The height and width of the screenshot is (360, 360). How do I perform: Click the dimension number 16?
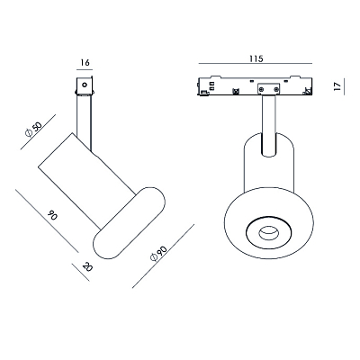click(85, 62)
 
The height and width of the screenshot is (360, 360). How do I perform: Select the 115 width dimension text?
click(256, 58)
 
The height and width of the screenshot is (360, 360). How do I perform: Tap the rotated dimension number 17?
click(337, 86)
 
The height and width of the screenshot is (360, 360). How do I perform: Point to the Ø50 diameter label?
click(33, 130)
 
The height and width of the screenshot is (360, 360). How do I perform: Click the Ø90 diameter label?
click(158, 253)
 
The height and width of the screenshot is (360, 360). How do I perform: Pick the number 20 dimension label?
click(87, 266)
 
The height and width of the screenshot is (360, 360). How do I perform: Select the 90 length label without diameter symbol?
click(52, 215)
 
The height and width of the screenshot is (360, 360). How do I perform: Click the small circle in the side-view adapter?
click(85, 85)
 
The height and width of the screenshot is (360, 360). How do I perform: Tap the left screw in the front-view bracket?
click(262, 89)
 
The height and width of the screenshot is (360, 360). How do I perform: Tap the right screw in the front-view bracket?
click(275, 89)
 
